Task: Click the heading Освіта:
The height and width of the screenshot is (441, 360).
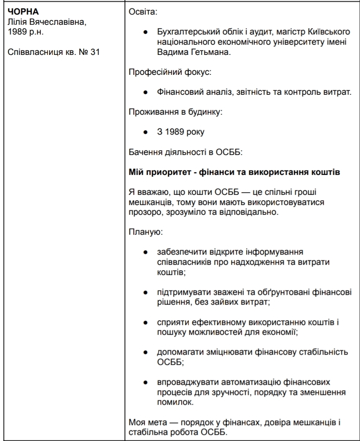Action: pos(142,12)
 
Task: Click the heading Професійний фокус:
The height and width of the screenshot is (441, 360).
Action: pos(162,72)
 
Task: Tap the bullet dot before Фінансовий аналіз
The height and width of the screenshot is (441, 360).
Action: pos(145,93)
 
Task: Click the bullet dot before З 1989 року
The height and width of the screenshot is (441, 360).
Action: pos(145,132)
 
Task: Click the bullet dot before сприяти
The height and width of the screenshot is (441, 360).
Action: pos(145,322)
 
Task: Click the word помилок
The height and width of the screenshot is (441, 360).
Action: pos(174,402)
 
